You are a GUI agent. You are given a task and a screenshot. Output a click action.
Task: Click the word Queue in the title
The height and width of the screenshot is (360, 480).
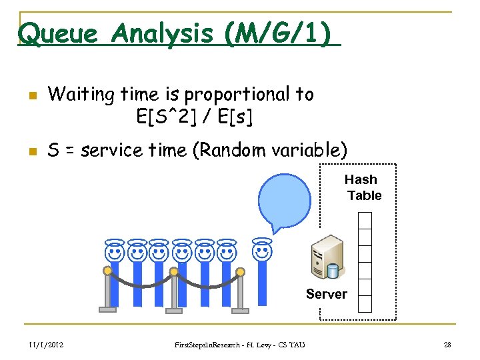click(x=59, y=33)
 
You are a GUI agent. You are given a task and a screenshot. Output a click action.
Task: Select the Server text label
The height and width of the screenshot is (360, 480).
click(x=326, y=294)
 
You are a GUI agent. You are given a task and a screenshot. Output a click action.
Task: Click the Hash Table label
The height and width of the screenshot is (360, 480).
click(x=362, y=187)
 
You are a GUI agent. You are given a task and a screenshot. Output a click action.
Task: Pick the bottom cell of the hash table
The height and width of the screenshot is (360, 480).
click(x=365, y=303)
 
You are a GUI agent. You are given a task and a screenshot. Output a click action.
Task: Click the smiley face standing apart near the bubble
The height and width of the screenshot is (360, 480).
click(x=262, y=251)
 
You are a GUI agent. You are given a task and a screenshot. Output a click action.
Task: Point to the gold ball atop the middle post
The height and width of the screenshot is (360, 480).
click(x=173, y=271)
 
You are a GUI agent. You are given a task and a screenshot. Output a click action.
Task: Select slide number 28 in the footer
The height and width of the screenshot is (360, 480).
click(x=447, y=344)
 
